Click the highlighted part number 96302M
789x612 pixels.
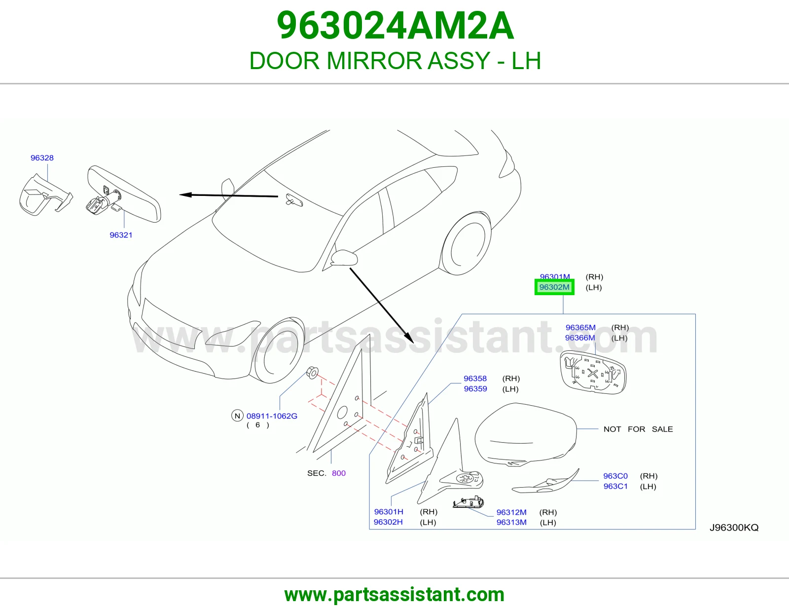coord(554,287)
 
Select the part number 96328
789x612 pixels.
coord(42,158)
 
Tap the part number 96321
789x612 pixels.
coord(121,235)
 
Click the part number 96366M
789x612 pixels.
coord(580,338)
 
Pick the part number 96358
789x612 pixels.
coord(475,379)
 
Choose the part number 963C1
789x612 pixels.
coord(615,486)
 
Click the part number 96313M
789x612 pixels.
coord(511,522)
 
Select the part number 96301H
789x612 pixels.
coord(389,512)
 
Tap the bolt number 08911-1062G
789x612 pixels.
coord(272,416)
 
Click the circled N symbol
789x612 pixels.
coord(237,416)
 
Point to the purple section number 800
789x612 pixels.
coord(338,473)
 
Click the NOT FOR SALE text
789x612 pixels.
coord(638,429)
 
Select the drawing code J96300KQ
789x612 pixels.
coord(734,527)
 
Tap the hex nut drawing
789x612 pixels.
coord(313,373)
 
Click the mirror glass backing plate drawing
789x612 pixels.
coord(593,373)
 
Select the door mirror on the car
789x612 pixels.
coord(344,258)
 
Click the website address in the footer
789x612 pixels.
coord(394,595)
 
